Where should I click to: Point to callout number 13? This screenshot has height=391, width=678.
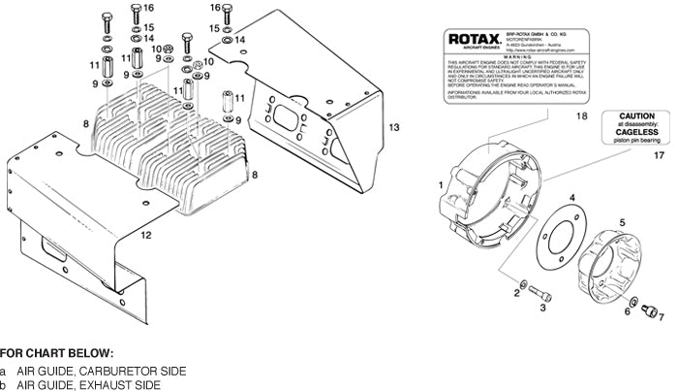pyautogui.click(x=393, y=127)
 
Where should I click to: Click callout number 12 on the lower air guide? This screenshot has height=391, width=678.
pyautogui.click(x=145, y=236)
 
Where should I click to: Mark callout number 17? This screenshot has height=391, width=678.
pyautogui.click(x=659, y=155)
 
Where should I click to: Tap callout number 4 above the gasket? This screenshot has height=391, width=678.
pyautogui.click(x=571, y=198)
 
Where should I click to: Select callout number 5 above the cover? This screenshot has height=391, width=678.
pyautogui.click(x=622, y=223)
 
